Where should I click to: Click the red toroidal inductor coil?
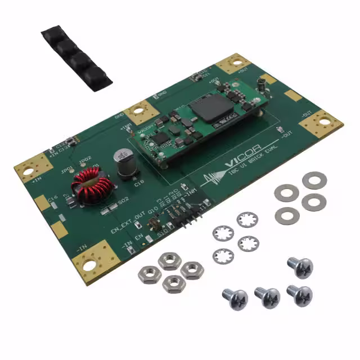(x=88, y=190)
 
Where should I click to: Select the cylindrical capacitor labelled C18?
(x=123, y=161)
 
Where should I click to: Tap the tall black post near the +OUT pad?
(x=261, y=86)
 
